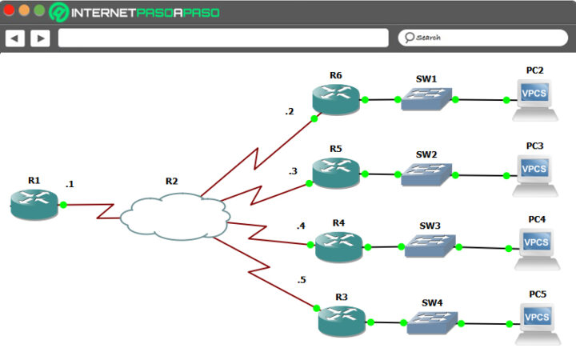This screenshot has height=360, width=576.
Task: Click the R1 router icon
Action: (35, 205)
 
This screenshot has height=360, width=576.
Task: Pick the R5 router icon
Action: (336, 172)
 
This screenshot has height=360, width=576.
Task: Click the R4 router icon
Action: (339, 246)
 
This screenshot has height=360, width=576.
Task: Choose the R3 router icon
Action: (342, 321)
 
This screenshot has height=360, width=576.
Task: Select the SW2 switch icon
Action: (427, 173)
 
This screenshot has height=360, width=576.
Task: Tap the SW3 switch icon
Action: (430, 246)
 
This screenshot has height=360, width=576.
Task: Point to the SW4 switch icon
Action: (432, 322)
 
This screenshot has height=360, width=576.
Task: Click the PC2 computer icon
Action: (534, 98)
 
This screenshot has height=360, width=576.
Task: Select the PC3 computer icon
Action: (534, 173)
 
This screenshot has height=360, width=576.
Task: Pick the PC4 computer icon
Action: (536, 246)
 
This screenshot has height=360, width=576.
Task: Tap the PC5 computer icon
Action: (537, 322)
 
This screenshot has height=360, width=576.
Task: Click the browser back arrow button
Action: (16, 38)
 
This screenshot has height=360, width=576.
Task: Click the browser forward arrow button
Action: (40, 38)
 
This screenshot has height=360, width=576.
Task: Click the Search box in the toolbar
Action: (482, 38)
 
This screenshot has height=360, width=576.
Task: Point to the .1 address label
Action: (70, 184)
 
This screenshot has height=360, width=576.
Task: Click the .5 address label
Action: (301, 280)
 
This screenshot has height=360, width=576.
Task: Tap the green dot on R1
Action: (63, 205)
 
